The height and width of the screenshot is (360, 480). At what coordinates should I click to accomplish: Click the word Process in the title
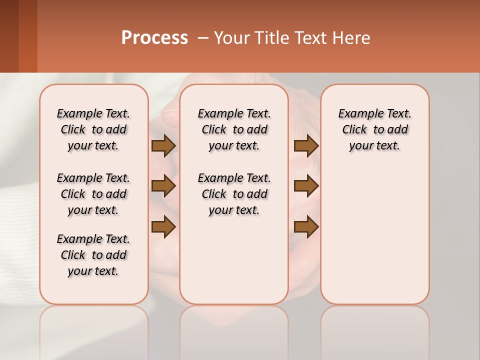click(x=154, y=37)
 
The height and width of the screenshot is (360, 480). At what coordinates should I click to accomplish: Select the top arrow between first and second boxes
click(x=163, y=145)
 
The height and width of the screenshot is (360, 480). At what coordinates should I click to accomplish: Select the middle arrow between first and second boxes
click(x=163, y=186)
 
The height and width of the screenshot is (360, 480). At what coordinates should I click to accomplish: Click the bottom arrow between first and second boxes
click(x=163, y=227)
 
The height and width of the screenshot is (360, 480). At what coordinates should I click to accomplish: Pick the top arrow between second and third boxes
click(x=306, y=145)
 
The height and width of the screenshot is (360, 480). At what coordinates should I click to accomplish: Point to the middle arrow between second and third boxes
click(x=306, y=186)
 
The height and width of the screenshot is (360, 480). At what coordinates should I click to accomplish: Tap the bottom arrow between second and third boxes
click(x=306, y=227)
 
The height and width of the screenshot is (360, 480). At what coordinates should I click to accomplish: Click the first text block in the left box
click(x=93, y=129)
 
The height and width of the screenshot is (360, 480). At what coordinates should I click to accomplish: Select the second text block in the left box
click(x=93, y=194)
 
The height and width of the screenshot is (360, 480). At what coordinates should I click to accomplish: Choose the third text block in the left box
click(x=93, y=255)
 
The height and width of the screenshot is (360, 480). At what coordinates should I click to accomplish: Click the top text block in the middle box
click(x=234, y=129)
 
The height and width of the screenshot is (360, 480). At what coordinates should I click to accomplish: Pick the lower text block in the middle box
click(x=234, y=194)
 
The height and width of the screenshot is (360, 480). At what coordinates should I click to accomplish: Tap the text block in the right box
click(x=374, y=129)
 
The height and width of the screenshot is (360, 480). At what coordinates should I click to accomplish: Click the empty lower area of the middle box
click(x=234, y=260)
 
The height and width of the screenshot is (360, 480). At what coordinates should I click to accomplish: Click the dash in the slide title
click(x=203, y=38)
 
